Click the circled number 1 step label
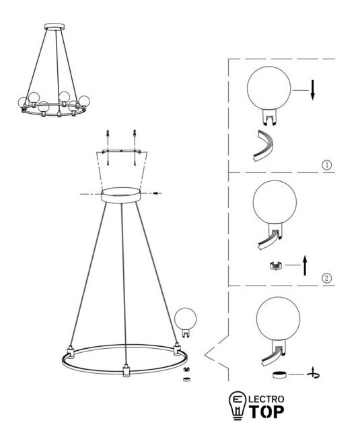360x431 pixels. tap(326, 165)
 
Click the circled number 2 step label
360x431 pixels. tap(326, 278)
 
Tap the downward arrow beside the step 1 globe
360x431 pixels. tap(312, 90)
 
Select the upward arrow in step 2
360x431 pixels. tap(305, 265)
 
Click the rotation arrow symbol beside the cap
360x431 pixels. tap(314, 374)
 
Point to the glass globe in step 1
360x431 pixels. tap(269, 88)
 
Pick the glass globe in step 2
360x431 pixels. tap(275, 202)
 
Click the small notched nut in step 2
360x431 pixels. tap(276, 266)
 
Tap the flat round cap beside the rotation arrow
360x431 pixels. tap(279, 374)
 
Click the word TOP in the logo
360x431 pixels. tap(266, 411)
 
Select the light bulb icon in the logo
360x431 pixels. tap(238, 405)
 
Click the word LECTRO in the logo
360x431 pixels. tap(266, 399)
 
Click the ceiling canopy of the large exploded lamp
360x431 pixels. tap(121, 195)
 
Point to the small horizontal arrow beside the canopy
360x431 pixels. tap(157, 193)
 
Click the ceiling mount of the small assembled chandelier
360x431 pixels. tap(55, 26)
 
